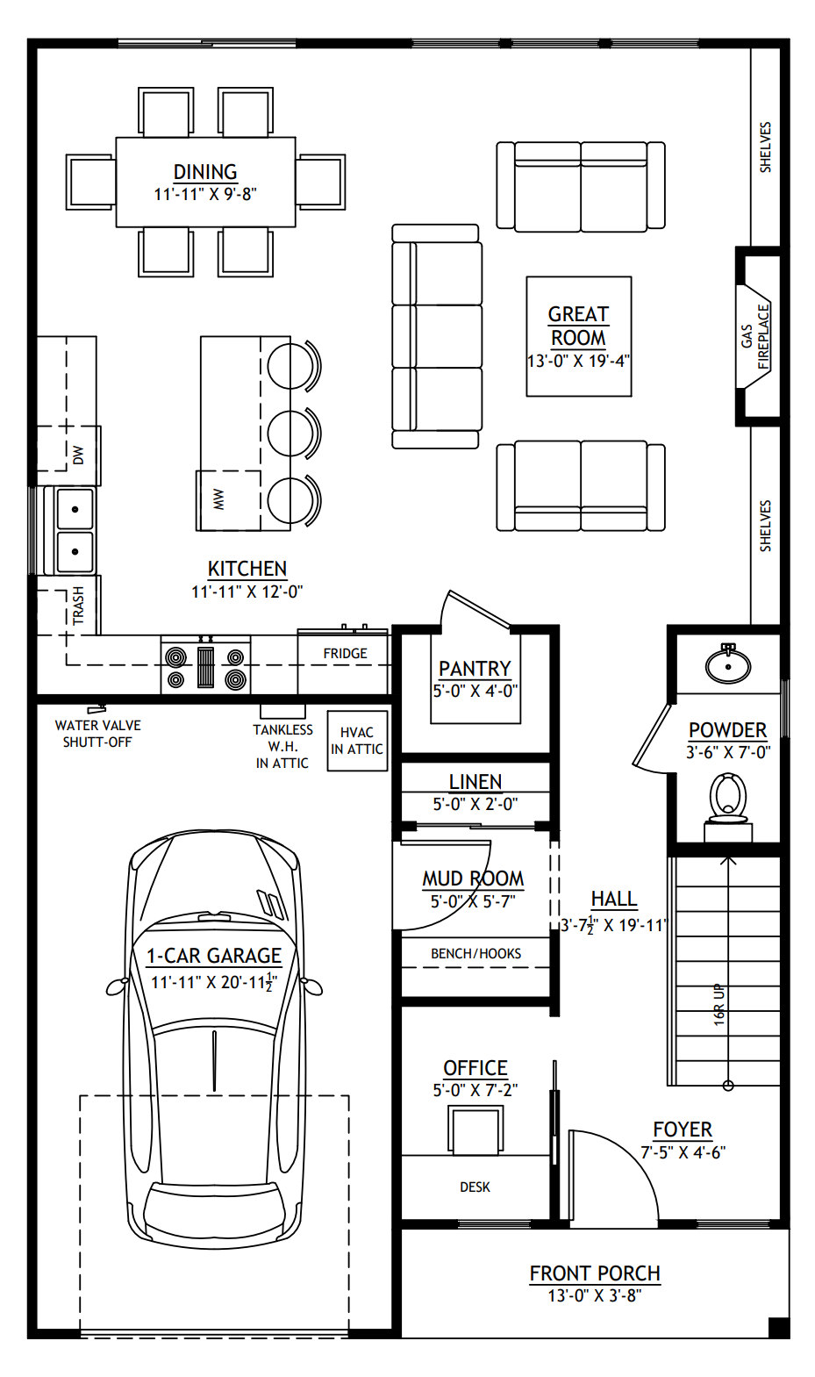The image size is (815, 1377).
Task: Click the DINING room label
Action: coord(205,172)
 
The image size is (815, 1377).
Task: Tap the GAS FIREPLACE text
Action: coord(754,337)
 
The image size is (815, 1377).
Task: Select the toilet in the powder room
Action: coord(727,800)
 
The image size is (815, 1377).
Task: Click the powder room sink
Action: coord(727,664)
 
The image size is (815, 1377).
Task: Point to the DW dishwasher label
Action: coord(78,455)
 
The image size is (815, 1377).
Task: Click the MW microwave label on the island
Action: coord(218,499)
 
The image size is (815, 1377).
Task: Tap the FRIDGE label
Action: coord(345,653)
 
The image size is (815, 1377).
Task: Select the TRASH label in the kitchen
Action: coord(78,605)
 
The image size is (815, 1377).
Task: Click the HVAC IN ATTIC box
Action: coord(357,741)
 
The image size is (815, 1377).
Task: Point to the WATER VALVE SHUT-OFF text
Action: coord(97,734)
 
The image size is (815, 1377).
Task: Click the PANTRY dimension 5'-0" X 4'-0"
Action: coord(475,691)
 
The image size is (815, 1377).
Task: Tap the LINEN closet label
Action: coord(475,781)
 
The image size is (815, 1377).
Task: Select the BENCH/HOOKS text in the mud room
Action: coord(475,953)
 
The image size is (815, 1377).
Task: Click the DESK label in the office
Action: coord(475,1187)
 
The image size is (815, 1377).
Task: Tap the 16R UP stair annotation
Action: coord(719,1004)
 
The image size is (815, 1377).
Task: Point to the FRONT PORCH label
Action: coord(595,1273)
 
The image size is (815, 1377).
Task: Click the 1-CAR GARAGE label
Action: coord(214,956)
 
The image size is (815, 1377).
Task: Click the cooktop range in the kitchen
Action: coord(205,668)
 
